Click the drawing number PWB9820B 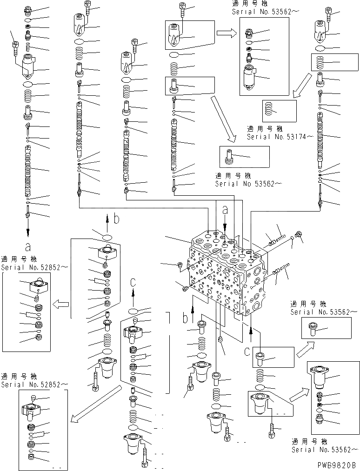pyautogui.click(x=337, y=464)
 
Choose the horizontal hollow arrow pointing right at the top pyautogui.click(x=227, y=33)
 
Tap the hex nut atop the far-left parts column pyautogui.click(x=27, y=10)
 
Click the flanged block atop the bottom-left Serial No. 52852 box pyautogui.click(x=32, y=410)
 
